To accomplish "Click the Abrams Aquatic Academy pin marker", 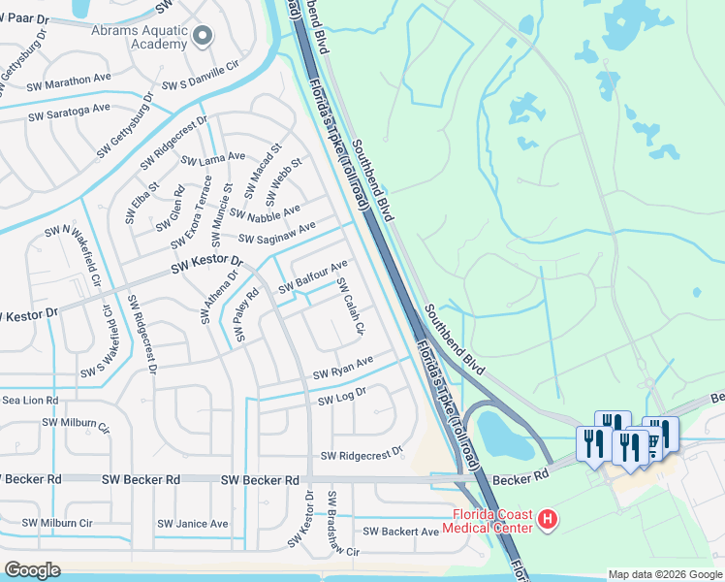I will coord(203,36).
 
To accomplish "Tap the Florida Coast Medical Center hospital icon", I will coord(549,521).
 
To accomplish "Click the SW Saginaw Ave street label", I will coord(277,234).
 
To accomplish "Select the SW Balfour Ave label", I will coord(312,277).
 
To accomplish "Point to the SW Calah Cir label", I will coord(350,307).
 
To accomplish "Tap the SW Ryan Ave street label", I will coord(342,369).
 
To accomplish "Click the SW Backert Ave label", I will coord(401,532).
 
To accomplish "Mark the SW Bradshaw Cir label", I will coord(343,524).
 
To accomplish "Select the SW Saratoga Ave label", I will coord(69,112).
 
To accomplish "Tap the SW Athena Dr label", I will coord(219,297).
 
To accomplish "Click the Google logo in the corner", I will coord(32,570).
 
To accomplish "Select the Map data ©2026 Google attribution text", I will coord(664,574).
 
